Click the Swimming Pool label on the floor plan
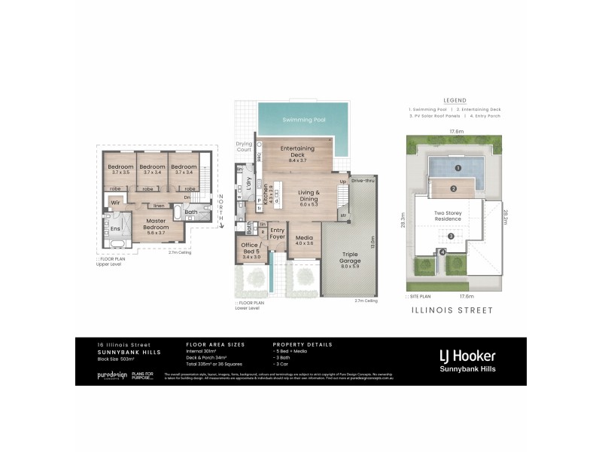(304, 120)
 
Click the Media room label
(303, 240)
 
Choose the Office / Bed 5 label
(251, 249)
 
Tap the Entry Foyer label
(278, 234)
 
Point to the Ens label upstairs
(116, 228)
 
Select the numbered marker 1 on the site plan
(457, 167)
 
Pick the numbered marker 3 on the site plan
(451, 237)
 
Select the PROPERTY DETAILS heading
(302, 344)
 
